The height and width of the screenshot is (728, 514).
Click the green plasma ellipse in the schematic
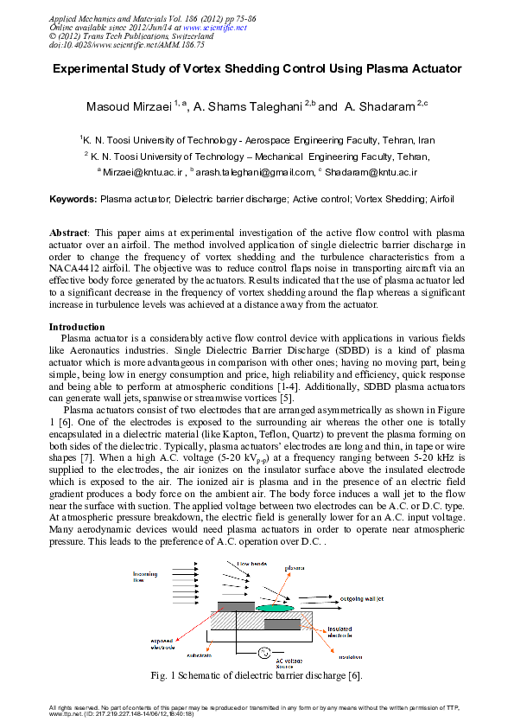point(276,608)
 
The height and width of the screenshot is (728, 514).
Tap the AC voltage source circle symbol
point(265,651)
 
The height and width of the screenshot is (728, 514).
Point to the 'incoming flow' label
point(144,576)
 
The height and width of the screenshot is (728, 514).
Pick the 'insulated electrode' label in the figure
point(344,632)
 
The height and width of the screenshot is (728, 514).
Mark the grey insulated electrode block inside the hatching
point(282,624)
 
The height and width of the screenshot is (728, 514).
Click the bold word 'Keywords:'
point(73,199)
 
